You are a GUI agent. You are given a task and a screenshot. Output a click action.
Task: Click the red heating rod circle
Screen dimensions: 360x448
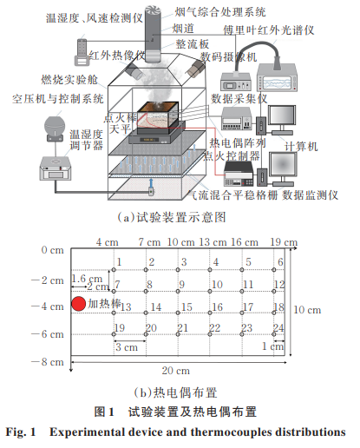point(78,304)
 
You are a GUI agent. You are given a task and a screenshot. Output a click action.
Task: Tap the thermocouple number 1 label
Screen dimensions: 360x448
point(119,262)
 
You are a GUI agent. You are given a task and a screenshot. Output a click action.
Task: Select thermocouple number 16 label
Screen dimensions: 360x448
point(218,307)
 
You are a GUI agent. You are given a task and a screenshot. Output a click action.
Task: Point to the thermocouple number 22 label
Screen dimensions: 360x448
point(214,328)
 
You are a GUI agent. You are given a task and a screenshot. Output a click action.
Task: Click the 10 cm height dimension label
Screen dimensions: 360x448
point(307,310)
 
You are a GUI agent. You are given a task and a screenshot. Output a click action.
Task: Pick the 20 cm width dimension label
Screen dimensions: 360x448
point(176,371)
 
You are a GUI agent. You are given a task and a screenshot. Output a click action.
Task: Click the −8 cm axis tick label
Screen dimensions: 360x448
point(48,362)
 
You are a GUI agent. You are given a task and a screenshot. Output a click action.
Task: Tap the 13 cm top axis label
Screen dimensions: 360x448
point(213,242)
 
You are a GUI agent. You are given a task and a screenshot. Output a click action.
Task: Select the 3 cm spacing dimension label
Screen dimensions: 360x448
point(127,347)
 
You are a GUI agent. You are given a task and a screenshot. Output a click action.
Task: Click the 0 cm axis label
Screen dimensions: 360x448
point(52,250)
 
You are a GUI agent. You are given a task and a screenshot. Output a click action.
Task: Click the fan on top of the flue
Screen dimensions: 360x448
point(153,11)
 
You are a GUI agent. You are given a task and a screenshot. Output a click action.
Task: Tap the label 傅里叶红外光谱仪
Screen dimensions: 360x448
point(269,30)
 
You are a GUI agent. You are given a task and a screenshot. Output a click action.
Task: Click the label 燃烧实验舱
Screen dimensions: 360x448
point(69,80)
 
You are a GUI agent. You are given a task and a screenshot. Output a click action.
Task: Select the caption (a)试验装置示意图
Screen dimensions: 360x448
point(172,217)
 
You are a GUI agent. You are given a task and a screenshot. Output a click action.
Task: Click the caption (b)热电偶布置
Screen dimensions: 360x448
point(175,392)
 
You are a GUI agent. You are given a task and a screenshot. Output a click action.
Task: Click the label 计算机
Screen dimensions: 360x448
point(301,146)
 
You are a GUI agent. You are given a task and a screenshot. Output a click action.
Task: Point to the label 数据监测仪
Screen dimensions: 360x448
point(310,194)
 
